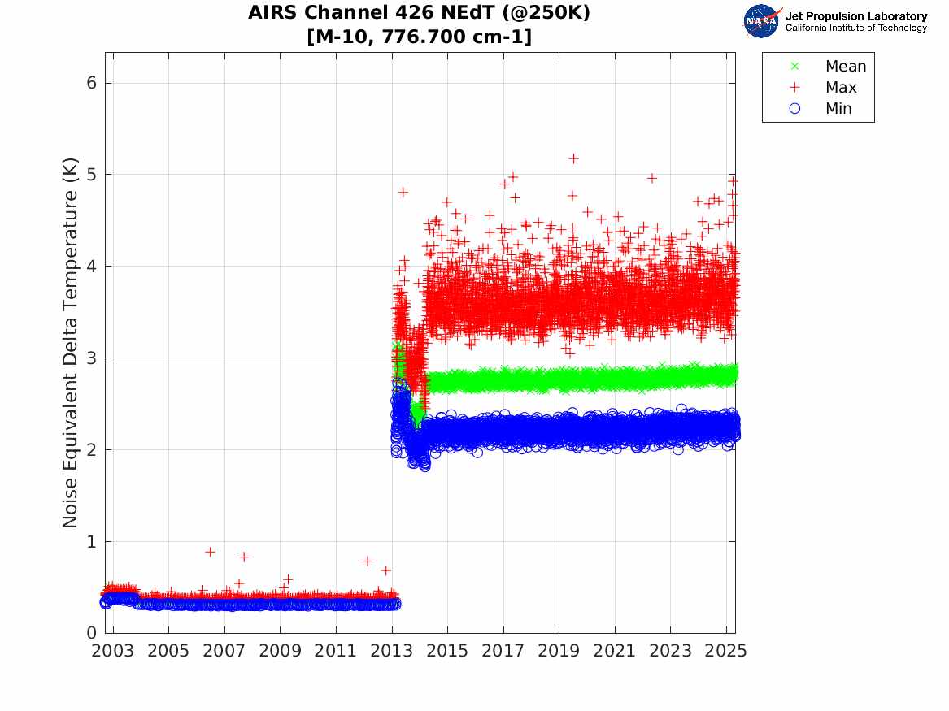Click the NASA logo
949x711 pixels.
[762, 21]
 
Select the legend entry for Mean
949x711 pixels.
[845, 67]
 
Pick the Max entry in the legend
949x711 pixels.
[840, 88]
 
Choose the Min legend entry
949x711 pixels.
[838, 109]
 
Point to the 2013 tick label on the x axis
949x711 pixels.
[391, 651]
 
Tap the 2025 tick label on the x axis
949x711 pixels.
[726, 651]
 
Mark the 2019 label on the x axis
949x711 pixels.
[559, 651]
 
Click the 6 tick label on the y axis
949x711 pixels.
[93, 83]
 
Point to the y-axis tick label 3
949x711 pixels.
[93, 358]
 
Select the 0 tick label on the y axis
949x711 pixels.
[93, 633]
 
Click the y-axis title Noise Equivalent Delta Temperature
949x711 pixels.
[71, 343]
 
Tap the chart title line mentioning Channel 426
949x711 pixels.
[419, 13]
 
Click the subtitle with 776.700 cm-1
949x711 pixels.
[419, 37]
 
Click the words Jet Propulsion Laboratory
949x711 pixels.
[855, 16]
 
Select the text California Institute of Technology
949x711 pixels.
[855, 28]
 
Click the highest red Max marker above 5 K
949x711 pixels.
[573, 158]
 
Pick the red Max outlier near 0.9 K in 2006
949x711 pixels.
[210, 552]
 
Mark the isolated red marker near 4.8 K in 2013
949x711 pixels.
[403, 192]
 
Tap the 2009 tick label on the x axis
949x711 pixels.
[280, 651]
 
